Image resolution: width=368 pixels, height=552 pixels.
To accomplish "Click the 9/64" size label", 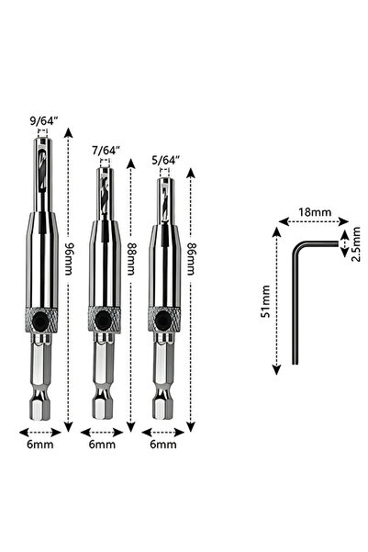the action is coord(44,121).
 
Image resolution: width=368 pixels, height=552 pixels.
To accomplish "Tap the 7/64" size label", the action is coord(106,151).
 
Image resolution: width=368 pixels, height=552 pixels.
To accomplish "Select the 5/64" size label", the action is coord(166,160).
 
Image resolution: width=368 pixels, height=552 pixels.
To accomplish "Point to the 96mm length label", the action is coord(68,259).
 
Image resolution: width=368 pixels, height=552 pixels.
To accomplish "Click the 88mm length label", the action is coord(130,259).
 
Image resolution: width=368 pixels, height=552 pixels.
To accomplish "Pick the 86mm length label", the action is coord(190,259).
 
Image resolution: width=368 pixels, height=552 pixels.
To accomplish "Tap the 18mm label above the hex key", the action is coord(315,212).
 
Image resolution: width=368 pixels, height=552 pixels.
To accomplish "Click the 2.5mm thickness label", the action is coord(356,244).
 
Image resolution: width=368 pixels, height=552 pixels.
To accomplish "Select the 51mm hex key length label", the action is coord(265,301).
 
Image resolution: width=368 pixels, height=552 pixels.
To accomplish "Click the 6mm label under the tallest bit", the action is coord(40,445).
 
